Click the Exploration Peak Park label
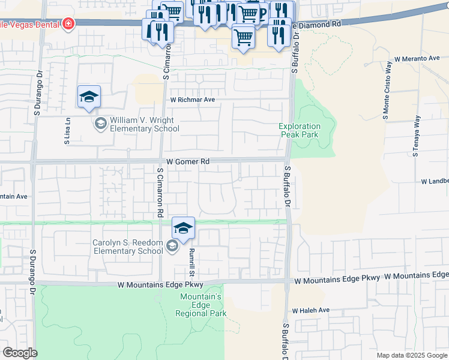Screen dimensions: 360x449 click(x=300, y=130)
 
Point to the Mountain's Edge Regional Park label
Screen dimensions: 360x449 click(x=201, y=305)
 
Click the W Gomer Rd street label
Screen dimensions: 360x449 click(x=188, y=162)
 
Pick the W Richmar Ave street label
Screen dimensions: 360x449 click(x=192, y=100)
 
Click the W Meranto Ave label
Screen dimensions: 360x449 click(x=417, y=59)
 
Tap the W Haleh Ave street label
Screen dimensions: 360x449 click(x=311, y=310)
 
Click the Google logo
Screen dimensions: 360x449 click(x=19, y=353)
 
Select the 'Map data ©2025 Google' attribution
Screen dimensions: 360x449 click(x=411, y=355)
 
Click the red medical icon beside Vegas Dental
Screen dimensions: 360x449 click(x=69, y=23)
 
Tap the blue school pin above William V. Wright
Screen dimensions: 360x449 click(x=89, y=97)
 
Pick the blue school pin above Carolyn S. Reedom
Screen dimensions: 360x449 click(x=183, y=227)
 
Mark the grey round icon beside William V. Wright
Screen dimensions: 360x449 click(x=100, y=124)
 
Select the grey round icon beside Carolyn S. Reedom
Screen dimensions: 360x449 click(x=172, y=245)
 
